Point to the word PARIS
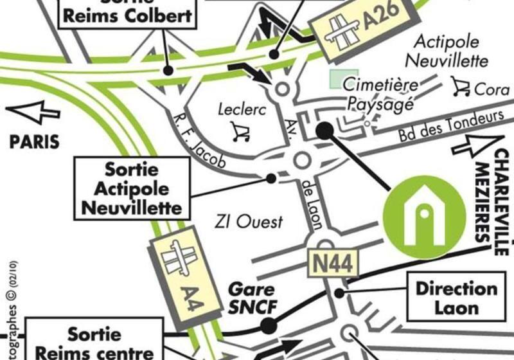34,141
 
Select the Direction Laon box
456,296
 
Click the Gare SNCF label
253,298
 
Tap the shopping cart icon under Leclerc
240,132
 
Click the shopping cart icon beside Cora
460,86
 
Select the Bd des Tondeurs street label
450,127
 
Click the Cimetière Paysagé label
380,94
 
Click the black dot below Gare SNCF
269,326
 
